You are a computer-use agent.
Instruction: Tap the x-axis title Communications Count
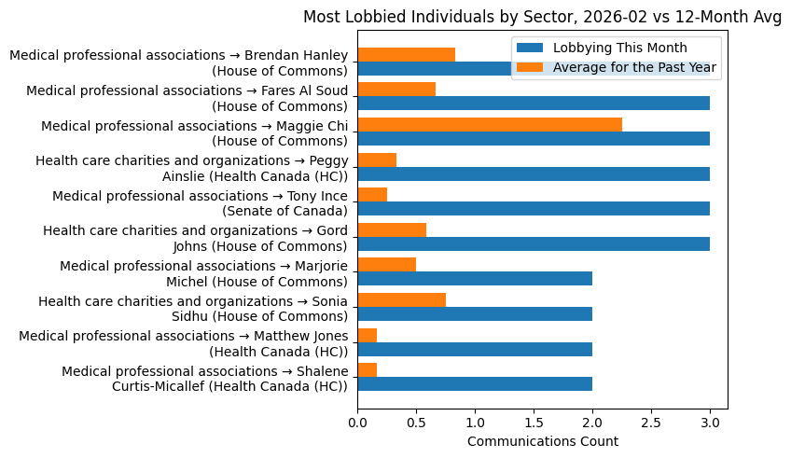click(x=542, y=441)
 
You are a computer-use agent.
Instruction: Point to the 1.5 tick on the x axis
click(x=534, y=423)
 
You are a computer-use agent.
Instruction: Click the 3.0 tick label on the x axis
click(x=710, y=423)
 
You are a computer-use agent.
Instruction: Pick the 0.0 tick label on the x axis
click(x=357, y=423)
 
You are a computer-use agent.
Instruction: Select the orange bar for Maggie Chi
click(x=490, y=125)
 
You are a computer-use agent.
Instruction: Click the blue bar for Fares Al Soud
click(x=534, y=104)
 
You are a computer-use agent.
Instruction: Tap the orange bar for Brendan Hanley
click(x=406, y=55)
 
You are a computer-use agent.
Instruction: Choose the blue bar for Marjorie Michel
click(x=475, y=279)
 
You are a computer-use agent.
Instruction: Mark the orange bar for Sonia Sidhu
click(x=401, y=300)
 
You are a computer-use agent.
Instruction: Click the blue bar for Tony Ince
click(x=534, y=209)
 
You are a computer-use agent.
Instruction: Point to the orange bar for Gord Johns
click(x=392, y=230)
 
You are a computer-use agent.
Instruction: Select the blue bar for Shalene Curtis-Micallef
click(x=475, y=384)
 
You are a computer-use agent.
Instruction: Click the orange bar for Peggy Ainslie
click(x=377, y=160)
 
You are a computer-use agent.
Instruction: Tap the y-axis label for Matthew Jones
click(x=184, y=343)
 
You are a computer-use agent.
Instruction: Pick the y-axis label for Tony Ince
click(x=200, y=203)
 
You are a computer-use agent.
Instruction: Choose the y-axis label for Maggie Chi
click(x=194, y=132)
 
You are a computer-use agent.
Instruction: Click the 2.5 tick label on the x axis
click(x=651, y=423)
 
